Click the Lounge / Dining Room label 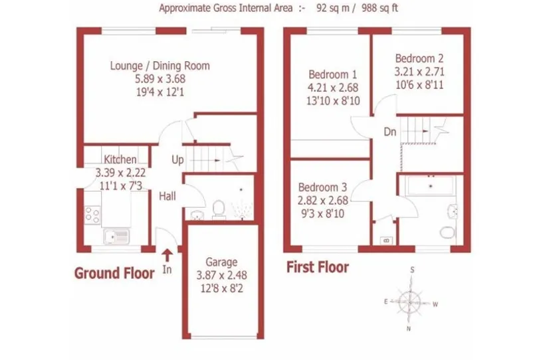160,66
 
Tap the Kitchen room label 120,159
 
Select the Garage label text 221,262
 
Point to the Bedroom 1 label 332,74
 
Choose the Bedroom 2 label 419,58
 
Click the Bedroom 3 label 322,187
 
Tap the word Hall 167,196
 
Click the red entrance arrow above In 167,256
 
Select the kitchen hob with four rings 92,215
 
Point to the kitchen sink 116,236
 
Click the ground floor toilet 219,209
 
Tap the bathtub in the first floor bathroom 430,186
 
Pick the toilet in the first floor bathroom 448,232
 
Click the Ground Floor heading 114,273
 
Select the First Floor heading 318,267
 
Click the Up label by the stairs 177,159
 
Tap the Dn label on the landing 390,132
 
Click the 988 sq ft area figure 379,8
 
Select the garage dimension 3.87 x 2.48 221,275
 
